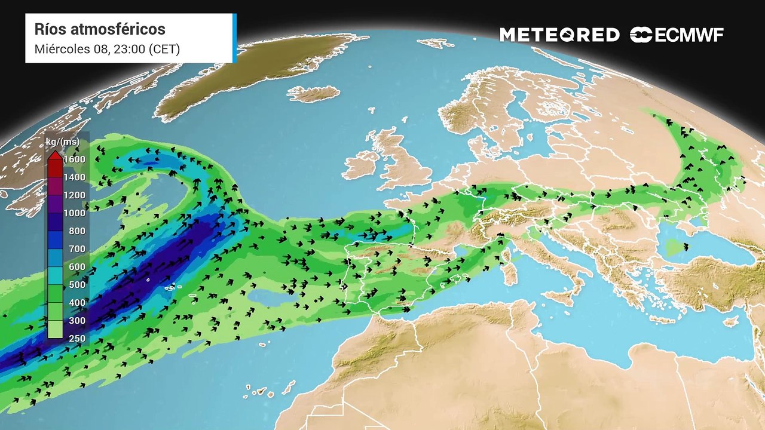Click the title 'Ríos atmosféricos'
pyautogui.click(x=100, y=29)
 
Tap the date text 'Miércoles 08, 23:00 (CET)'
pyautogui.click(x=107, y=49)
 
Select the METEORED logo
pyautogui.click(x=559, y=35)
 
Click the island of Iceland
pyautogui.click(x=314, y=94)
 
